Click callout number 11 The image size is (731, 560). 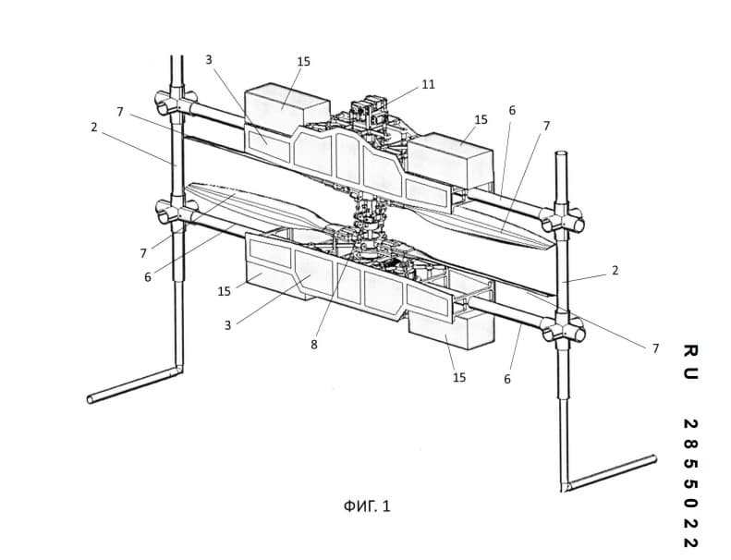[x=428, y=84]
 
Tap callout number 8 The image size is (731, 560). [x=314, y=344]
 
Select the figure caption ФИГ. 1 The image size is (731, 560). [x=367, y=505]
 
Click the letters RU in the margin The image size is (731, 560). [x=690, y=362]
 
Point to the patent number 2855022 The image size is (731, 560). [x=690, y=483]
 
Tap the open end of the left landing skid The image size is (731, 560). [x=91, y=399]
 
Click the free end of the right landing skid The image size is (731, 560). [x=654, y=459]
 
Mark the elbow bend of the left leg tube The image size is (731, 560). [x=177, y=370]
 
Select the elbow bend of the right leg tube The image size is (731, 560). [x=566, y=486]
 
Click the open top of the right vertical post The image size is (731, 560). [x=561, y=153]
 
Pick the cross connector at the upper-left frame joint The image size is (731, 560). [x=176, y=104]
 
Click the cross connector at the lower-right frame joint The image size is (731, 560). [x=564, y=329]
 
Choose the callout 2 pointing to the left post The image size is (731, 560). [x=94, y=127]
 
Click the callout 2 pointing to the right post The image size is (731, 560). [x=615, y=271]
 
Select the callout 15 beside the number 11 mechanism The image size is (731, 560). [x=481, y=120]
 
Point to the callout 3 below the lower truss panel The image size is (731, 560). [x=227, y=325]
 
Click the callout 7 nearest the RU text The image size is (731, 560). [x=655, y=348]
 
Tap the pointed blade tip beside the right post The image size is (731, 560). [x=554, y=246]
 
